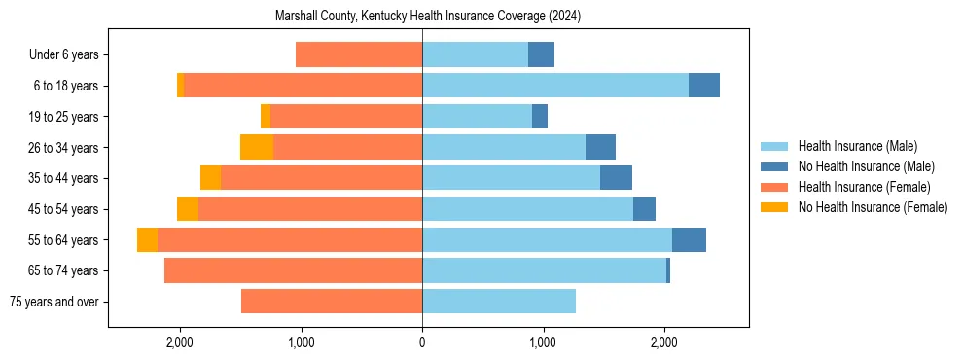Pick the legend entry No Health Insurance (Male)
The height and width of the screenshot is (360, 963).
coord(866,166)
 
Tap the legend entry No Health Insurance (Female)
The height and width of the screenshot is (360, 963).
coord(873,207)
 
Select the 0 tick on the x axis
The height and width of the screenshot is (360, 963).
coord(422,342)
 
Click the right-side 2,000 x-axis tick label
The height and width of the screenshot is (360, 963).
coord(664,342)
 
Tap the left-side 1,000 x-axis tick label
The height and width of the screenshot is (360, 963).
coord(301,342)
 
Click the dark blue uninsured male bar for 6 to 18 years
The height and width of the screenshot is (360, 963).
coord(704,86)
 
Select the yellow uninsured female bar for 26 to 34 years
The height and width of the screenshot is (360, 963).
coord(257,147)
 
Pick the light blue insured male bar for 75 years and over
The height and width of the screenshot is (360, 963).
coord(499,302)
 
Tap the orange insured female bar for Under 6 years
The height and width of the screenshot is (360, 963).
coord(359,55)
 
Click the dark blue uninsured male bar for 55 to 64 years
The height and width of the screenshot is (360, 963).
coord(689,240)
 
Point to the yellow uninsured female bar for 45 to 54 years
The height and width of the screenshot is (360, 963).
coord(188,209)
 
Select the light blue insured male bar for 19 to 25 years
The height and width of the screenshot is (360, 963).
coord(477,117)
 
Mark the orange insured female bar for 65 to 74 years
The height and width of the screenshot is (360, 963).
coord(293,270)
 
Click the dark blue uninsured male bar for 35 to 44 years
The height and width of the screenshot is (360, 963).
coord(616,178)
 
